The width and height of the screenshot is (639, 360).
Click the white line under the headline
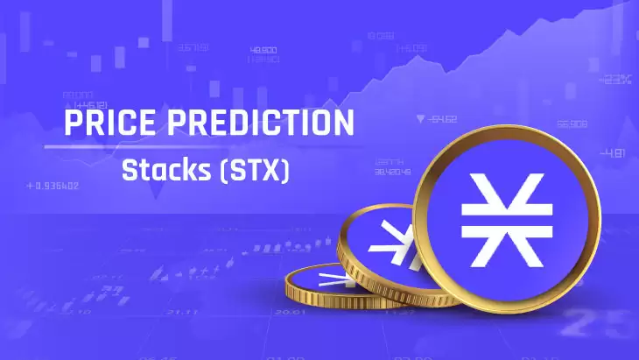[x=200, y=147]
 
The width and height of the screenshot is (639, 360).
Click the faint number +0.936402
[x=53, y=186]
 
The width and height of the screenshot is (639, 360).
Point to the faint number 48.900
[x=263, y=50]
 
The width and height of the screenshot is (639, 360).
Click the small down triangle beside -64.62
[x=421, y=118]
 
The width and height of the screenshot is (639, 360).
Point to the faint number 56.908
[x=572, y=124]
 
